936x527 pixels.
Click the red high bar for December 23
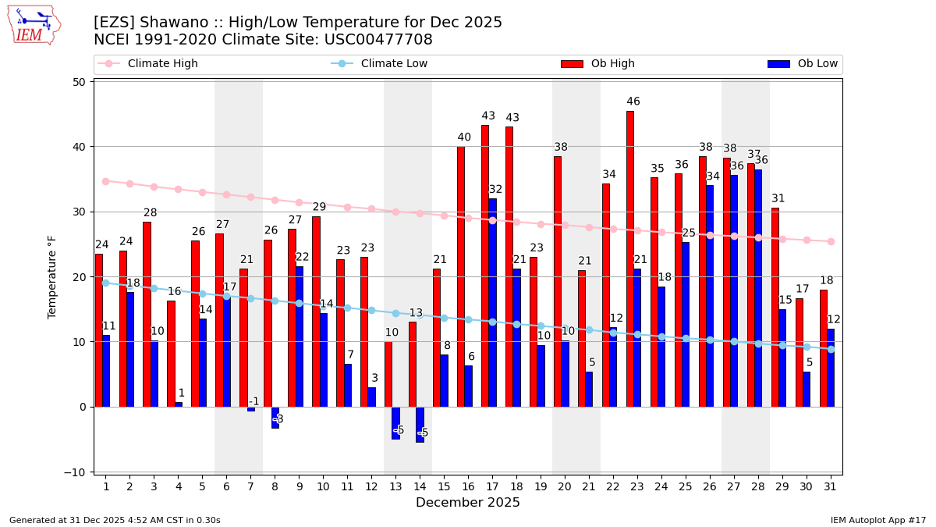[x=630, y=258]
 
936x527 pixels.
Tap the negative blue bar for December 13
[x=395, y=422]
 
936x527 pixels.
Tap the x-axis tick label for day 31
[x=830, y=487]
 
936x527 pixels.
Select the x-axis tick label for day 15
[x=444, y=487]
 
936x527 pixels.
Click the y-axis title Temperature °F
[x=52, y=278]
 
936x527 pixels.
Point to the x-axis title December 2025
[x=468, y=503]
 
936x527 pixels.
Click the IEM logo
[x=34, y=25]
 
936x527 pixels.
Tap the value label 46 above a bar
[x=633, y=101]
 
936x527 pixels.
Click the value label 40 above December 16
[x=464, y=137]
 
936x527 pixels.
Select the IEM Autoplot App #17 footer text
[x=878, y=520]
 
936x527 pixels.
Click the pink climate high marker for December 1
[x=105, y=181]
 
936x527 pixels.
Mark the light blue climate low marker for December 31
[x=831, y=349]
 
